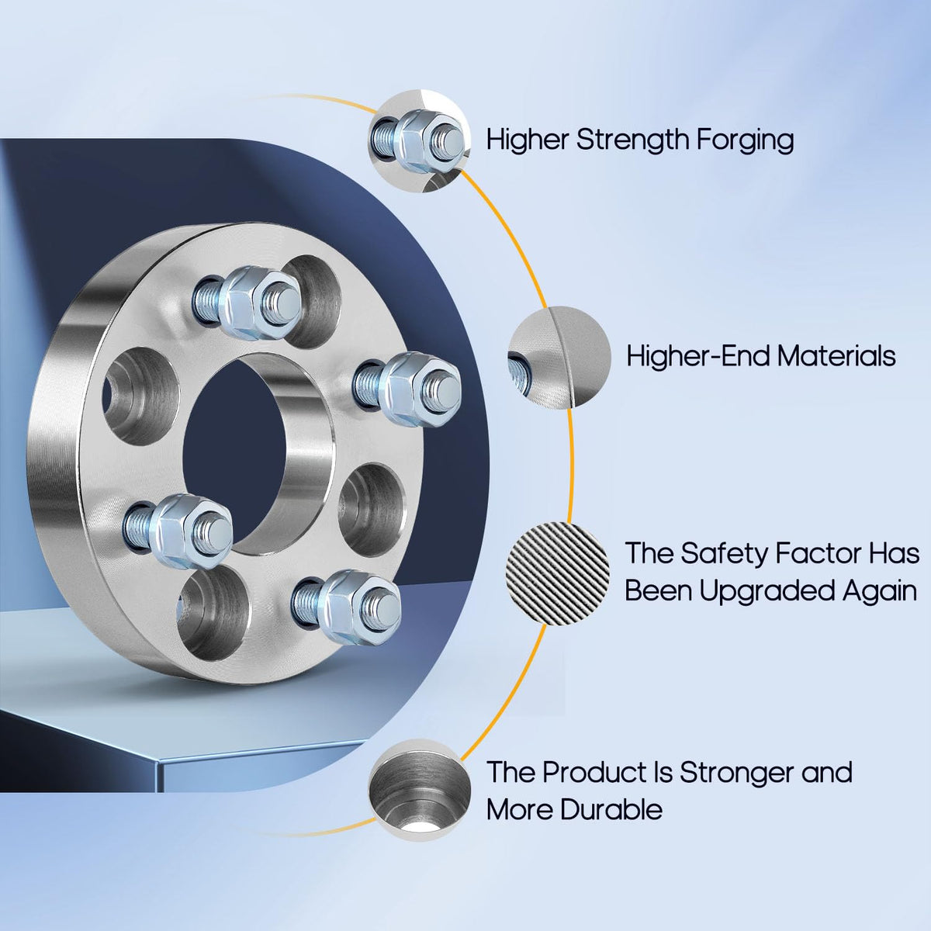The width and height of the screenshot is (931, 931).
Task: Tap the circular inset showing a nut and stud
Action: (x=420, y=140)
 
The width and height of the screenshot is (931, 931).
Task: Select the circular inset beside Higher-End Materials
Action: (x=559, y=358)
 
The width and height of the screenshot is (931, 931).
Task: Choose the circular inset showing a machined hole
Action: (x=420, y=790)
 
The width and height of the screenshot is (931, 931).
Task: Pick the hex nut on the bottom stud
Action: (x=358, y=607)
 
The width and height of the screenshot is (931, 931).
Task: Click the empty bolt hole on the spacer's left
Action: (x=141, y=396)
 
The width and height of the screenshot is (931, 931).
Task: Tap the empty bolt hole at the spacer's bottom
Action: (x=216, y=614)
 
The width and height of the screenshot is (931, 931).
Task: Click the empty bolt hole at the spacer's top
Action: (x=314, y=302)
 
